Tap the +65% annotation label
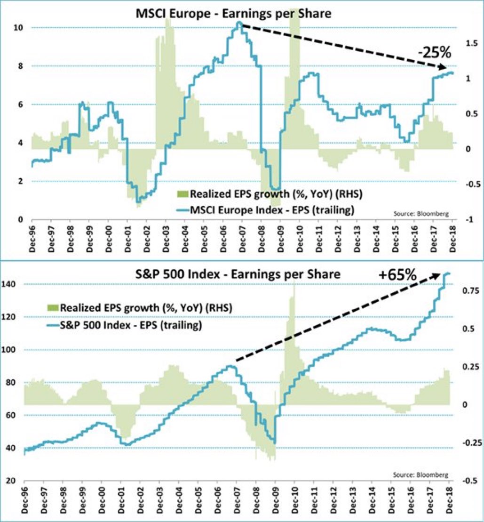[x=397, y=273]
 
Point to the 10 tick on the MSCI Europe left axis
[x=19, y=28]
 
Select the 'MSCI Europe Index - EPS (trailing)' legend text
[x=271, y=210]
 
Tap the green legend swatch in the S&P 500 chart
[x=52, y=308]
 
